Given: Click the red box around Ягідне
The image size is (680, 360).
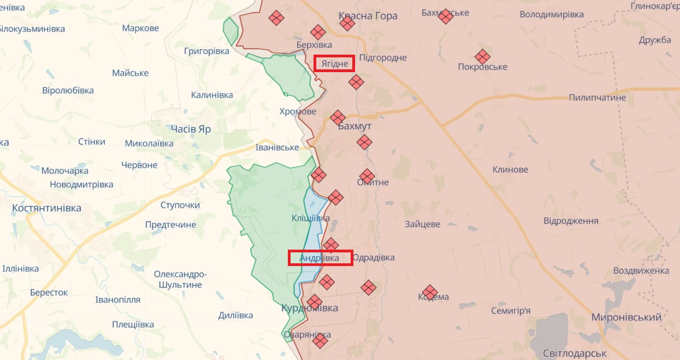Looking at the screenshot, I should pos(335,63).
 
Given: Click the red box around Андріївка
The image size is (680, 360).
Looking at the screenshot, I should pos(320,258).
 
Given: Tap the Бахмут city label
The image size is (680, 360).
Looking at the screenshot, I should pos(354,126).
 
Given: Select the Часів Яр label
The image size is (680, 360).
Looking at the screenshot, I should pos(191,129).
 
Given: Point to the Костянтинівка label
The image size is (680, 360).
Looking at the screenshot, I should pos(46,208).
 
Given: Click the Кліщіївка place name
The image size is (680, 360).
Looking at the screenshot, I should pos(310,218).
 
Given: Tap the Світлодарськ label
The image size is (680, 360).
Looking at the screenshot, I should pos(575,353).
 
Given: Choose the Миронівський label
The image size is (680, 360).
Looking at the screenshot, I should pos(626,317).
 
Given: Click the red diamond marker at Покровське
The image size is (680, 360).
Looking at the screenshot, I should pos(482,57).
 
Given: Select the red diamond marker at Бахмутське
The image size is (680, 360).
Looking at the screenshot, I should pos(446,16).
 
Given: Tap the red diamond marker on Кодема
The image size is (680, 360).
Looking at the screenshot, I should pos(430,292).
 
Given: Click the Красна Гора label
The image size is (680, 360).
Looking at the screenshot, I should pos(368,16).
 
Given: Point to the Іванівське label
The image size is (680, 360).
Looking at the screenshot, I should pos(277,147).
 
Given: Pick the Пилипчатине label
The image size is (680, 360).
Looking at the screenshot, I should pos(597,98).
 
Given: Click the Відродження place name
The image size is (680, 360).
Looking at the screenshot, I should pos(571,221).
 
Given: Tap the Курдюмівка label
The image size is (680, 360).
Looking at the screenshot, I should pos(309,308).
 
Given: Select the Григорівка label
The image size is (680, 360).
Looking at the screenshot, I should pos(206,51).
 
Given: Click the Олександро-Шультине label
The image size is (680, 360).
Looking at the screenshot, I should pos(180,279).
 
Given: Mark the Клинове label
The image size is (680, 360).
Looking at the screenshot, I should pos(510,169).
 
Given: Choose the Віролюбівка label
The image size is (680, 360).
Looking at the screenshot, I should pos(68,90).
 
